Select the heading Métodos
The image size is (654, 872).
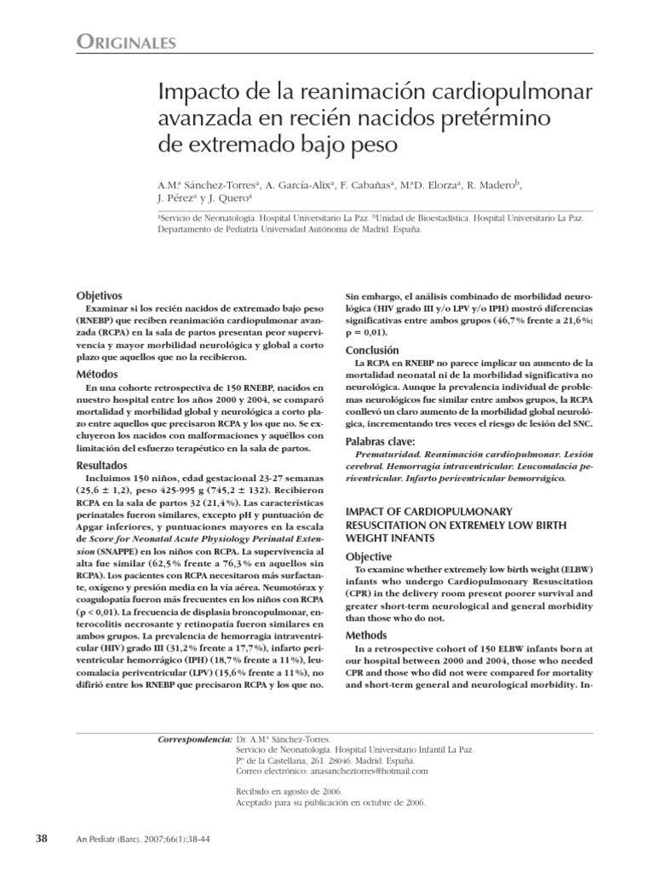(x=97, y=375)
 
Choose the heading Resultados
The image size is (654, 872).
(x=103, y=465)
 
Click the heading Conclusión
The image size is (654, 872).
(x=372, y=350)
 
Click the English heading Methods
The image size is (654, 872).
(x=366, y=635)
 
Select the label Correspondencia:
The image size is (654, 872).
(x=195, y=740)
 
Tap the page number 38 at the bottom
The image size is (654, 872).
(x=41, y=839)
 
